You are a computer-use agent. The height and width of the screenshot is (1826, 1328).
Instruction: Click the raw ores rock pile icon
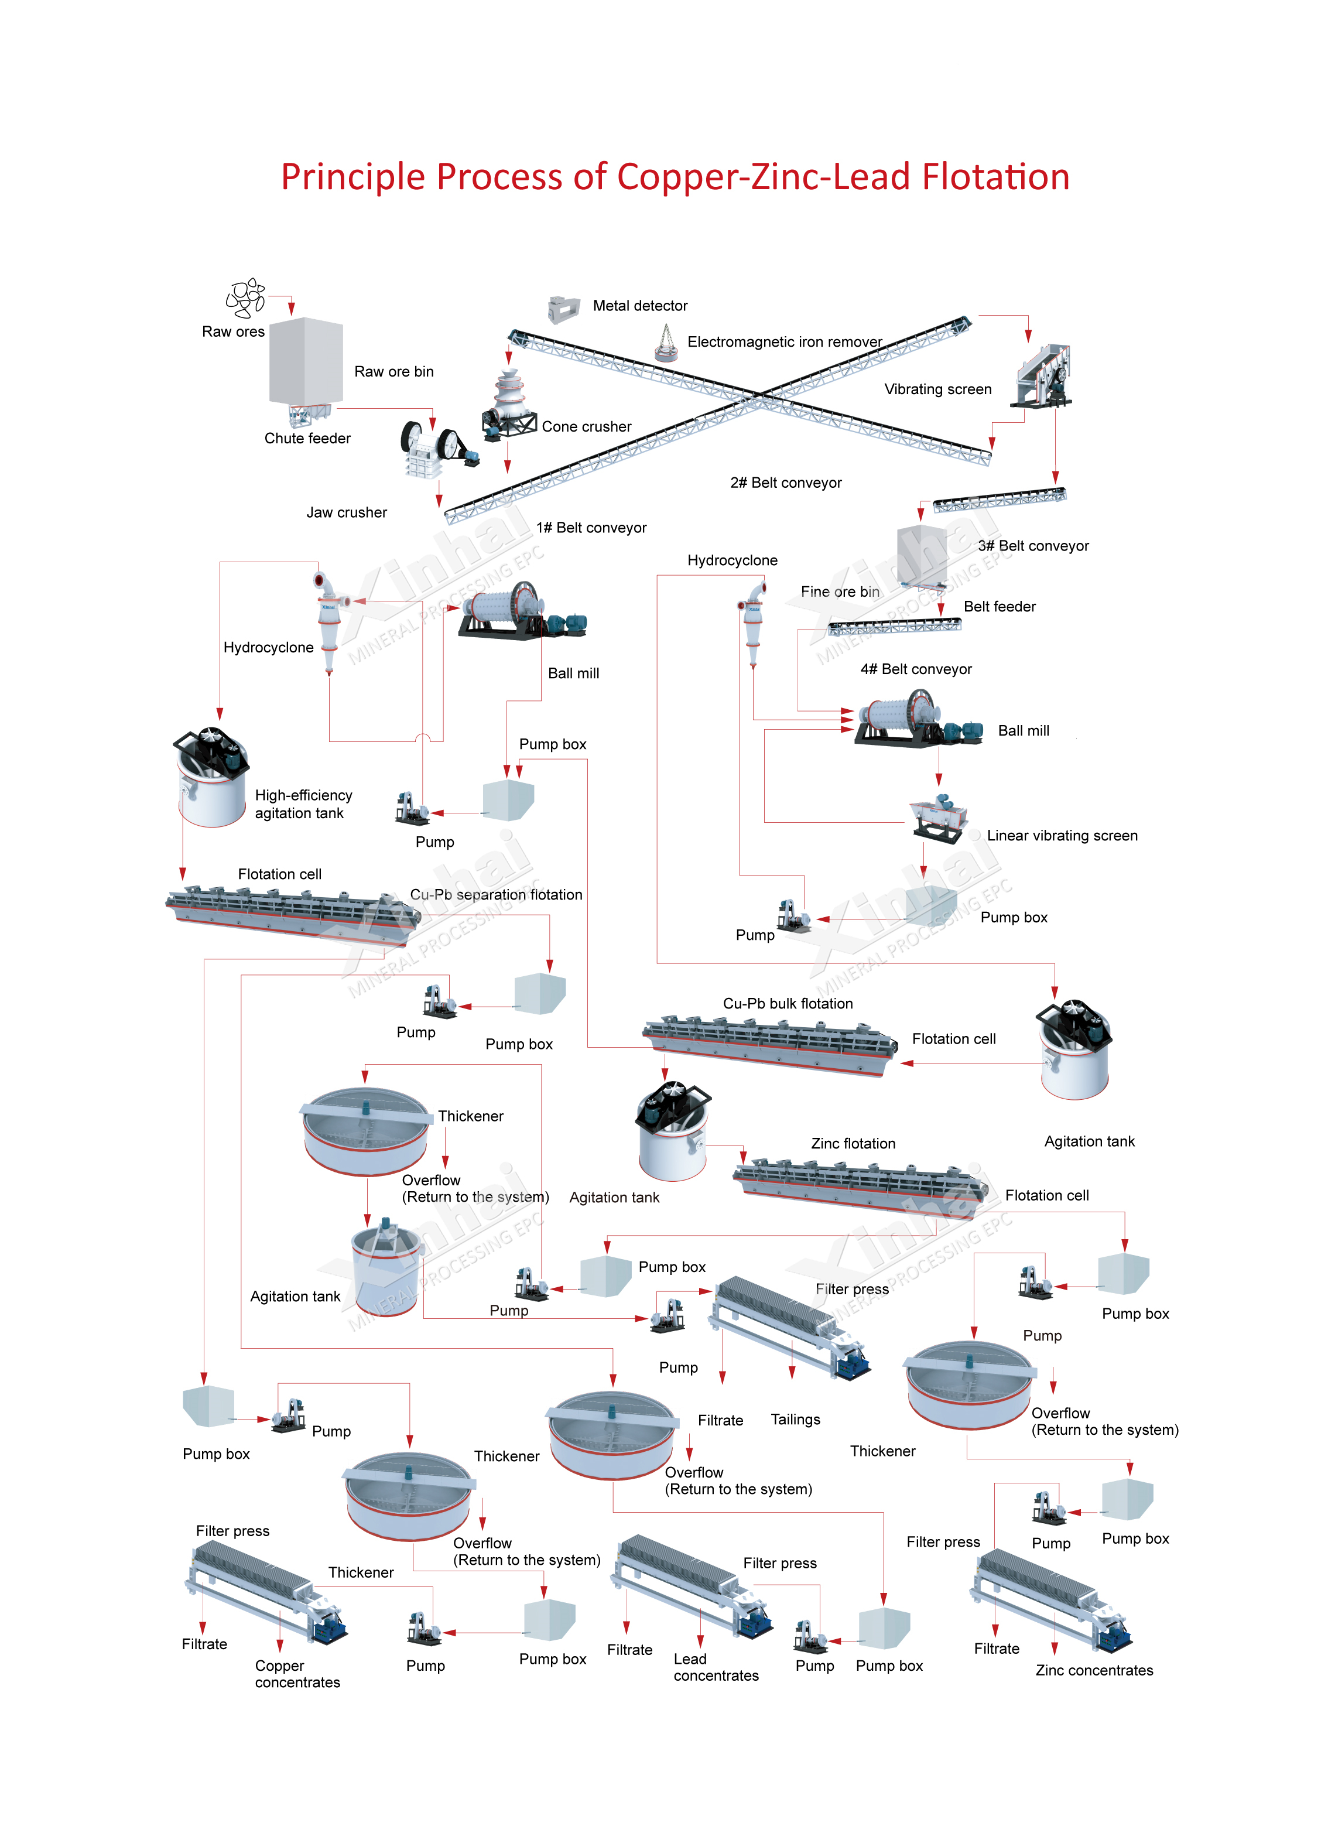tap(245, 298)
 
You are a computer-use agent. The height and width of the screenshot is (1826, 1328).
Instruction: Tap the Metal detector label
tap(640, 306)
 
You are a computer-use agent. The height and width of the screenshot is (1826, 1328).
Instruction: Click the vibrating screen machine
tap(1045, 377)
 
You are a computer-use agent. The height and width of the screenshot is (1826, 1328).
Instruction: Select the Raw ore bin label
tap(393, 372)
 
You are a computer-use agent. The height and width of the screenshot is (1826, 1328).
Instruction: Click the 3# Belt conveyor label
tap(1033, 546)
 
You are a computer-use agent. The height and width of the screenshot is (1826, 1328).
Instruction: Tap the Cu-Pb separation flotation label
tap(496, 894)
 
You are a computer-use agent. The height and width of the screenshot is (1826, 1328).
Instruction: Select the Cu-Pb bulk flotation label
tap(787, 1003)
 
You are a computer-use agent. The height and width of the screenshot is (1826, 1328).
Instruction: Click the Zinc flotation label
tap(853, 1143)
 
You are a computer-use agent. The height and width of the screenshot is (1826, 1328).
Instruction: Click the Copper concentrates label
tap(297, 1674)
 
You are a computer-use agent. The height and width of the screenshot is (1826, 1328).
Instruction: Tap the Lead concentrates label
tap(716, 1667)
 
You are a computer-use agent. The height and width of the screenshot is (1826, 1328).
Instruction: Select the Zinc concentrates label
tap(1094, 1671)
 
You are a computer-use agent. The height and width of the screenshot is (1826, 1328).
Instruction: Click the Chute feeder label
tap(307, 439)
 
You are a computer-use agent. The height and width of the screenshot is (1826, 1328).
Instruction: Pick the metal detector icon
tap(563, 309)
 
